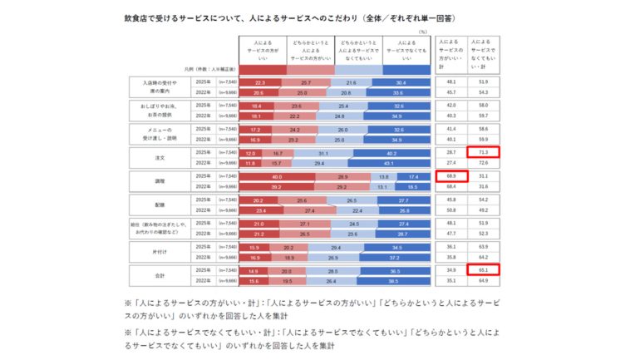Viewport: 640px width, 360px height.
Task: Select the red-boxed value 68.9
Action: pos(451,177)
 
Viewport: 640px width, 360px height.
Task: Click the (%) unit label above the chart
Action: pos(422,32)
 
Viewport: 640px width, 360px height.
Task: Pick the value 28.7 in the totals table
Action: pos(451,154)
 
